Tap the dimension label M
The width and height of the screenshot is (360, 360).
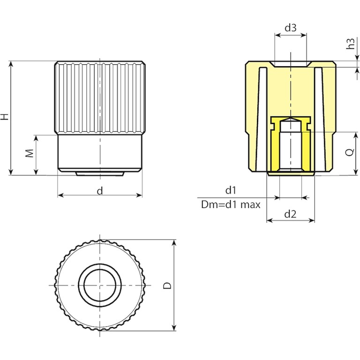tap(29, 153)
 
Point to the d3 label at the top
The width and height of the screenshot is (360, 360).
tap(291, 28)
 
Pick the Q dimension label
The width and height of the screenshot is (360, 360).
tap(349, 152)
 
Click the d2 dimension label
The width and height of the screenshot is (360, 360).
tap(291, 214)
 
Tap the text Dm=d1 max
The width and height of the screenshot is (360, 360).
tap(231, 204)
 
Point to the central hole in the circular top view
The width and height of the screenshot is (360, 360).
tap(99, 285)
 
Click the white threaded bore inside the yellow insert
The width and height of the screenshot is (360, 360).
tap(291, 150)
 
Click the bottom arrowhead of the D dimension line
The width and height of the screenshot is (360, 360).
tap(174, 328)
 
